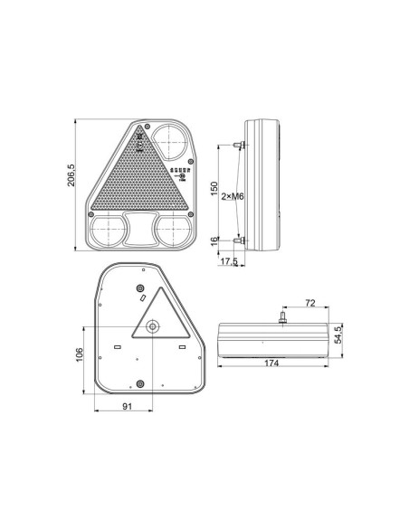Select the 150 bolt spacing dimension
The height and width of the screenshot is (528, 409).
pos(214,189)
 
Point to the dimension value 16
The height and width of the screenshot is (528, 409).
pos(214,242)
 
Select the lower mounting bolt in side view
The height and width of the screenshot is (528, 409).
pos(240,240)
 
